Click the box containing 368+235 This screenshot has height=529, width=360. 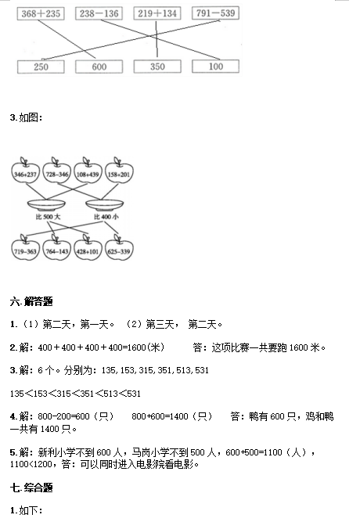click(x=41, y=13)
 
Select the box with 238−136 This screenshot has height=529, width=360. click(x=99, y=13)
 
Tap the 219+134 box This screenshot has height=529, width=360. click(x=157, y=13)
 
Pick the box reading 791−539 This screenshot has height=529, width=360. click(x=215, y=13)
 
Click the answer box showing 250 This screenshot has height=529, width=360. click(x=41, y=67)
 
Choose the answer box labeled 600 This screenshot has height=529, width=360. click(x=99, y=67)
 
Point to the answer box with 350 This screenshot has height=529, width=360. click(x=157, y=67)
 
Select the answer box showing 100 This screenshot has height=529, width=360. click(x=215, y=66)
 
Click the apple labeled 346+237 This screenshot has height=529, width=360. click(x=26, y=171)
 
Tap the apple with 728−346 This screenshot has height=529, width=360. click(x=57, y=171)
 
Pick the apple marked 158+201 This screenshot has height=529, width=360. click(x=119, y=171)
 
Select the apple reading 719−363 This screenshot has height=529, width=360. click(x=26, y=248)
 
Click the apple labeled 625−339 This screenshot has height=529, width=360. click(x=119, y=248)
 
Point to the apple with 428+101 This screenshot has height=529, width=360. click(x=88, y=248)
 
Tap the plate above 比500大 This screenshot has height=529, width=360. click(x=46, y=205)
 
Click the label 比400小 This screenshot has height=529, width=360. click(x=106, y=217)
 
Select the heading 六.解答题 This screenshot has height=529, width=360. click(x=31, y=301)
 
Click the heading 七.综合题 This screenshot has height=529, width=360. click(x=31, y=488)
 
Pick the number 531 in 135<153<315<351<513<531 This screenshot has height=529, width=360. click(x=134, y=394)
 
